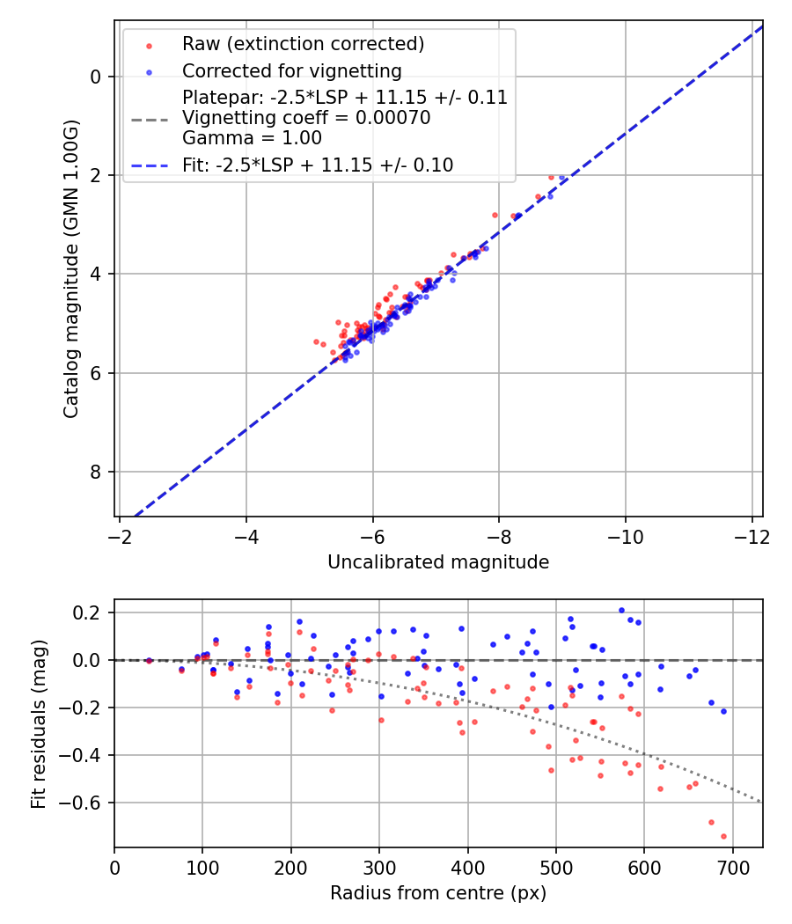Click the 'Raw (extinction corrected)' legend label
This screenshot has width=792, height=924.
(x=303, y=44)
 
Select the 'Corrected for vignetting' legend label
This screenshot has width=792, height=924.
(x=291, y=70)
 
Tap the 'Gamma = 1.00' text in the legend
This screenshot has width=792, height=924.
(x=252, y=138)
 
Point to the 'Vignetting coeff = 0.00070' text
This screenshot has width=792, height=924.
(x=306, y=118)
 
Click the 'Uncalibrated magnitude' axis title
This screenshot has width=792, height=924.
(x=438, y=562)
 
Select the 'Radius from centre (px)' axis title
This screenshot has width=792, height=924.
(x=438, y=893)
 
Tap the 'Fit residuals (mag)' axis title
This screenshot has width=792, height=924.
(x=38, y=724)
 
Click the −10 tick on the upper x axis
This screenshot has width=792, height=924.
(x=626, y=536)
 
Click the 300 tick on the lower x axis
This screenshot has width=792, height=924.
(x=379, y=867)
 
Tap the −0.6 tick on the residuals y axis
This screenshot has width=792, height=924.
(x=85, y=803)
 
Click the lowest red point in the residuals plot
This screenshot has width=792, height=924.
(x=723, y=836)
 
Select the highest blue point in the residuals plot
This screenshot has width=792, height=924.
(x=621, y=610)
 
